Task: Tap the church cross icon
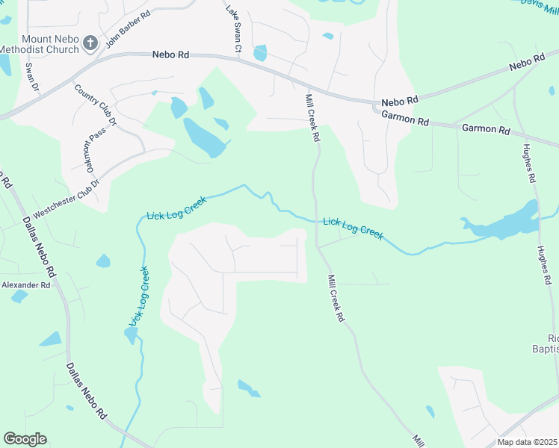[x=90, y=43]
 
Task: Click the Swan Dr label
[x=31, y=77]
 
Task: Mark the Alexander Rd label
[x=25, y=285]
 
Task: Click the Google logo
[x=25, y=439]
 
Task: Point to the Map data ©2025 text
[x=526, y=442]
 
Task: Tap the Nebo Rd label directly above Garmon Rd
[x=400, y=101]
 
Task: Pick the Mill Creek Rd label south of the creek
[x=336, y=298]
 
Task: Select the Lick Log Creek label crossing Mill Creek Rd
[x=353, y=228]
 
